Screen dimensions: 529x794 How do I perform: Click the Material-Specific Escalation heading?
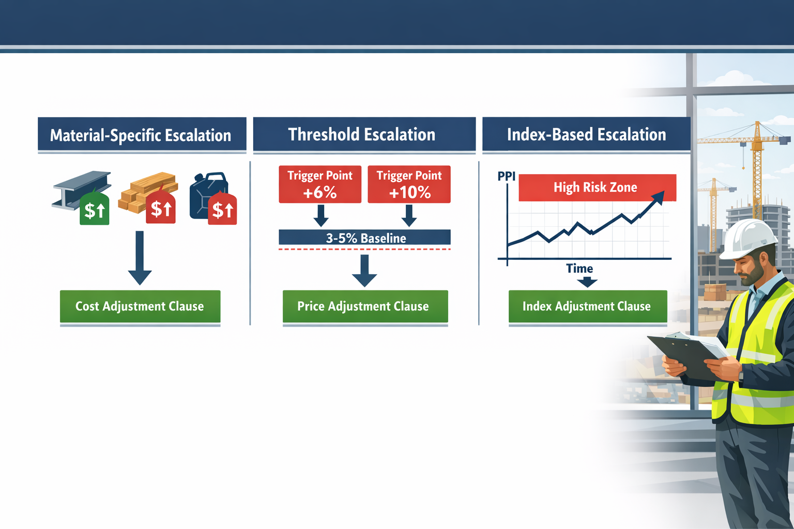[x=141, y=135]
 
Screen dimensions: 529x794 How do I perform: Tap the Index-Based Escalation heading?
[x=586, y=135]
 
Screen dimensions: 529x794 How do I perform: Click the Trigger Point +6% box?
[x=320, y=184]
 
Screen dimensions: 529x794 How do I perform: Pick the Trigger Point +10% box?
[x=409, y=184]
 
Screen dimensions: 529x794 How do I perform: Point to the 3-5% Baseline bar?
[x=364, y=238]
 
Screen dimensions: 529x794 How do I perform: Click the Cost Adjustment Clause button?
[x=140, y=306]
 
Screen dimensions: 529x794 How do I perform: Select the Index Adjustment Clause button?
[x=587, y=306]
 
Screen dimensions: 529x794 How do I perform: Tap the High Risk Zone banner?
[x=597, y=188]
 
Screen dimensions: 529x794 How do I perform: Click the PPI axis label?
[x=506, y=176]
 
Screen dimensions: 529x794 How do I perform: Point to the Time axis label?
[x=579, y=269]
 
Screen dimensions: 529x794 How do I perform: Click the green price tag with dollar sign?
[x=95, y=210]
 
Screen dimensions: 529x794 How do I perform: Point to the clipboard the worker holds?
[x=682, y=353]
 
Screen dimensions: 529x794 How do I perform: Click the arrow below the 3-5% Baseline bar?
[x=364, y=271]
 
